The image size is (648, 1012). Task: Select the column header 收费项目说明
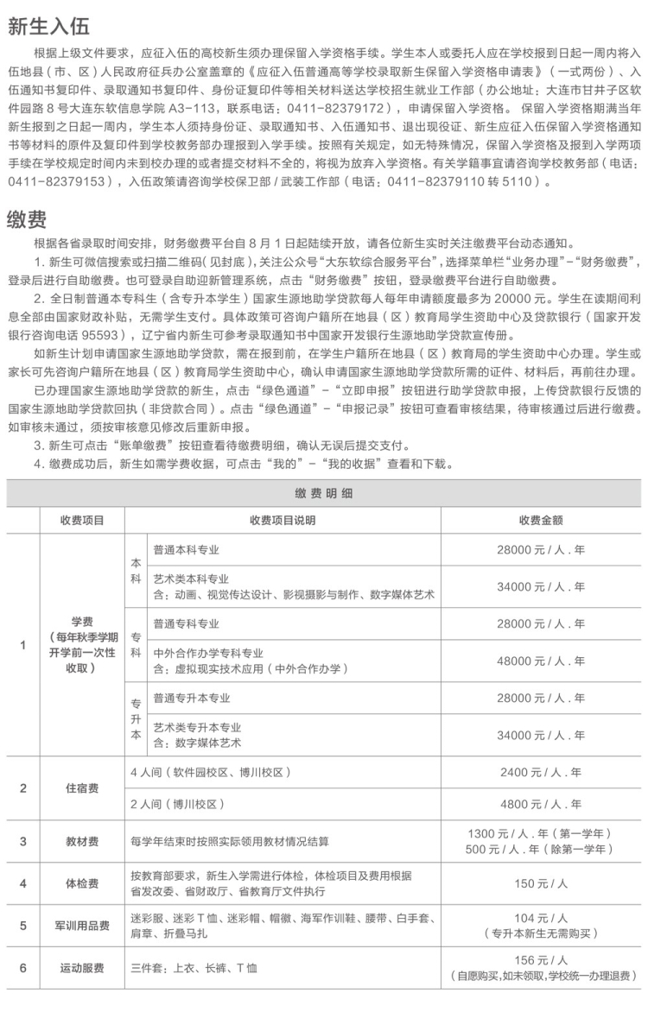point(283,520)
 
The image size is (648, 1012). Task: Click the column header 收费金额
point(542,520)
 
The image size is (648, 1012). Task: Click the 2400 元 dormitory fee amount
point(542,772)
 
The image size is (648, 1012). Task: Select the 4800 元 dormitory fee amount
point(542,804)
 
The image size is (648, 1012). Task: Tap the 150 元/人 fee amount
point(542,883)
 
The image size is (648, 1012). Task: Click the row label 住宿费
point(82,787)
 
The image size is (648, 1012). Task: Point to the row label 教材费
point(82,840)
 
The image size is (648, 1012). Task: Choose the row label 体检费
point(82,883)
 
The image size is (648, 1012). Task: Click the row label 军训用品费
point(82,926)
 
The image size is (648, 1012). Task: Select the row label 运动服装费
point(82,968)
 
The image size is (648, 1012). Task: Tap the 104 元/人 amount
point(542,918)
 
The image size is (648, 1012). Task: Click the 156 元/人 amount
point(542,960)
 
